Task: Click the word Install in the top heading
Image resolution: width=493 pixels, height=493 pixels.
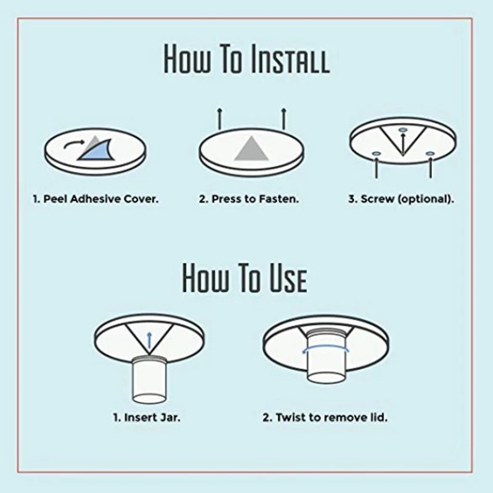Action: (x=290, y=59)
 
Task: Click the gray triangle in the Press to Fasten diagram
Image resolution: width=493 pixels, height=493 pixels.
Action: (x=251, y=149)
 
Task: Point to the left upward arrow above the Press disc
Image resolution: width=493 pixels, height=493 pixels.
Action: (x=220, y=119)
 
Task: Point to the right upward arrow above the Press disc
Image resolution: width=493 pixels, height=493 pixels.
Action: (x=283, y=119)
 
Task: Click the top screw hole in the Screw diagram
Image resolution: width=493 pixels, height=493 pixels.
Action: (x=403, y=129)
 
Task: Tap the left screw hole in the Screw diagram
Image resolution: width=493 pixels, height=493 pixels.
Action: (x=377, y=153)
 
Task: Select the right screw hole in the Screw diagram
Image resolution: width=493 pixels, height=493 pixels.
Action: (x=430, y=153)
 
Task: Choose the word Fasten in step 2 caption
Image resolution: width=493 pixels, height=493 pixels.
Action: (x=279, y=199)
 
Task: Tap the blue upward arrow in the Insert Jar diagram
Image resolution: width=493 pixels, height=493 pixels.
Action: (x=149, y=340)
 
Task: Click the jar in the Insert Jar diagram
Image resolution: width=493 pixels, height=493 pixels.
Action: (x=149, y=380)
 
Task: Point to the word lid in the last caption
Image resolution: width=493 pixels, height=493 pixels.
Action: (x=379, y=418)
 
